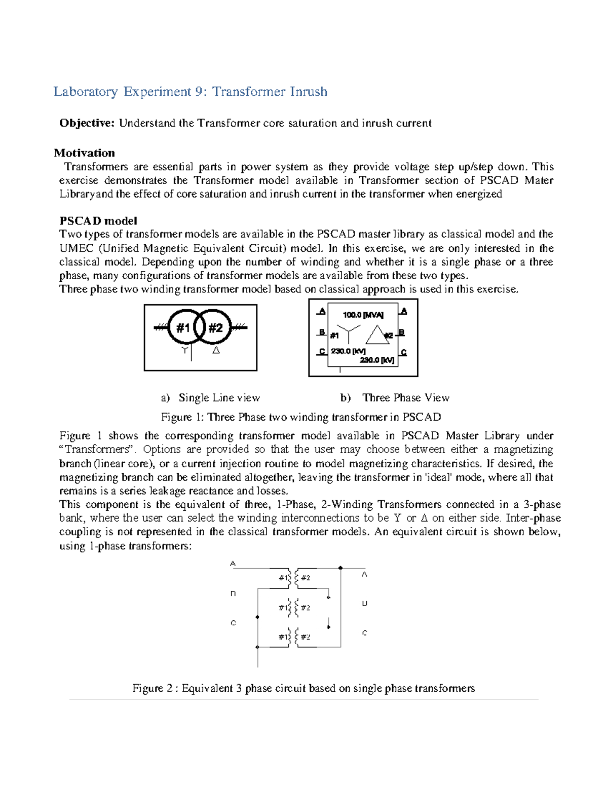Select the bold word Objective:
(87, 123)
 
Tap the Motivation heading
(84, 153)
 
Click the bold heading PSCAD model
(98, 221)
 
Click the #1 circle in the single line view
(183, 328)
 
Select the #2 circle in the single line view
(216, 328)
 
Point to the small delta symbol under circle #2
(216, 350)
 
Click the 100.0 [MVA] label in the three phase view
(363, 315)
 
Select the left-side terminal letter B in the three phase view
(322, 332)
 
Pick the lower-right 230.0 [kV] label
(377, 360)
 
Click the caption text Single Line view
(219, 398)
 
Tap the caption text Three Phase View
(406, 398)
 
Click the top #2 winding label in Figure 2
(306, 578)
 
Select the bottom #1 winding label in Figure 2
(284, 637)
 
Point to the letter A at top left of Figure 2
(233, 564)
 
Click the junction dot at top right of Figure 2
(340, 568)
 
